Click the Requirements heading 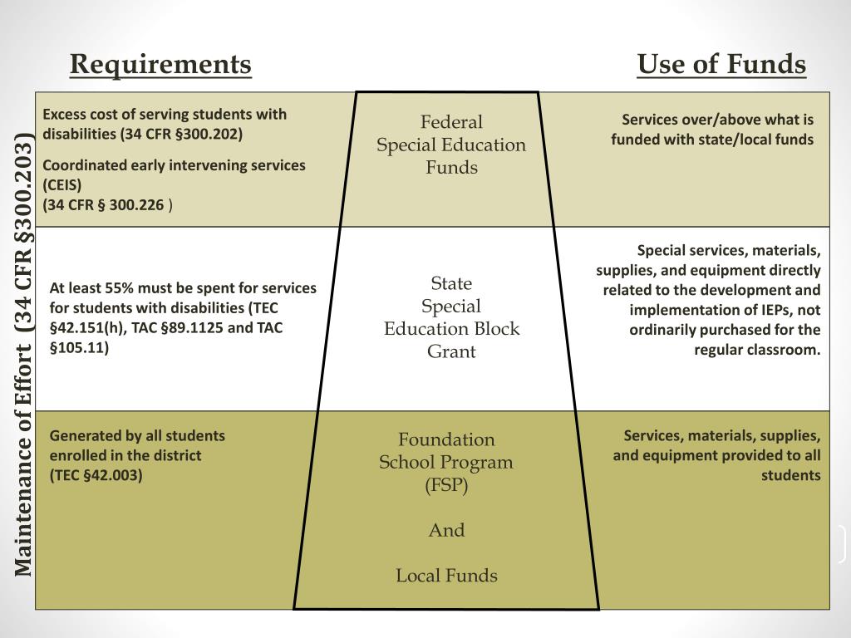pos(160,64)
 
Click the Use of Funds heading pos(721,64)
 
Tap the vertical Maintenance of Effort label pos(24,353)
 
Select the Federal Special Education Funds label pos(451,145)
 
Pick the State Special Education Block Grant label pos(451,317)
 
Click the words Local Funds pos(446,576)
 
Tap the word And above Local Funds pos(446,530)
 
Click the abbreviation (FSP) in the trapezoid pos(446,486)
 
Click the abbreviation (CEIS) pos(62,185)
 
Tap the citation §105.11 pos(79,348)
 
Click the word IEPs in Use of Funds pos(770,310)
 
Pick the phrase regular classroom pos(757,350)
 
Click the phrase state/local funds pos(763,140)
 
